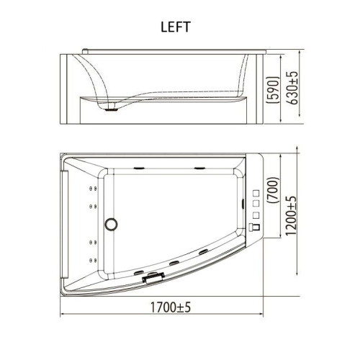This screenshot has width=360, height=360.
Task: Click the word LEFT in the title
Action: click(x=176, y=27)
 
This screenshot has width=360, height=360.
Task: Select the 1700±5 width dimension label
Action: click(x=171, y=307)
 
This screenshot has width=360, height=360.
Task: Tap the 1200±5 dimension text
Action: click(x=292, y=215)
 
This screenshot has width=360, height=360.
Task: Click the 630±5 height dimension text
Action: click(x=294, y=88)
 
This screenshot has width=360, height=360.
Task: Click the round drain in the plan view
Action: click(x=111, y=224)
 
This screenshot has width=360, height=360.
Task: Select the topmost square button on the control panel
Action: click(x=256, y=193)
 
